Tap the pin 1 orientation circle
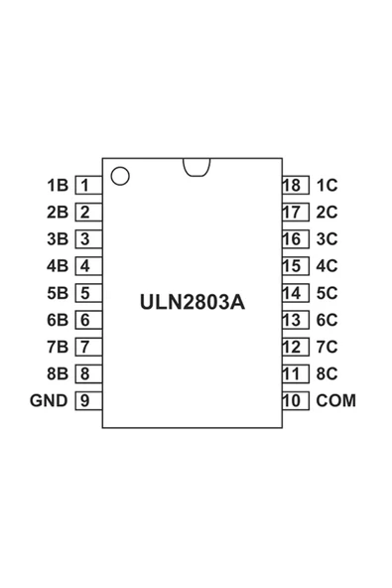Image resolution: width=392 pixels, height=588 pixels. point(120,177)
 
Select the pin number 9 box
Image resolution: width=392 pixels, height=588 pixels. point(85,401)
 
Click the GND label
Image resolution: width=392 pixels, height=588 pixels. point(49,401)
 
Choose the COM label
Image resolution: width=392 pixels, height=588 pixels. point(335,401)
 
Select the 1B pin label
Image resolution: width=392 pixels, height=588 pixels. point(57,185)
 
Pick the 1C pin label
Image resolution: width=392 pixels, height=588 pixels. point(327,185)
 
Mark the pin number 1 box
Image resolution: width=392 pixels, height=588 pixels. point(85,185)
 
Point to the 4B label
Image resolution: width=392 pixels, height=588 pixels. point(57,266)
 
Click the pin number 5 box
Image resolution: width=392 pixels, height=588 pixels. point(85,293)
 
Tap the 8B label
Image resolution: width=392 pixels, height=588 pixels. point(57,374)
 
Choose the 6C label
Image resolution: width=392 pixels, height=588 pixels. point(327,320)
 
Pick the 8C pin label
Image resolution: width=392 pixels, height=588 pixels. point(327,374)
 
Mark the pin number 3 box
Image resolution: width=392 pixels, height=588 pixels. point(85,239)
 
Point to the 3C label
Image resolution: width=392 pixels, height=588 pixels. point(327,239)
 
